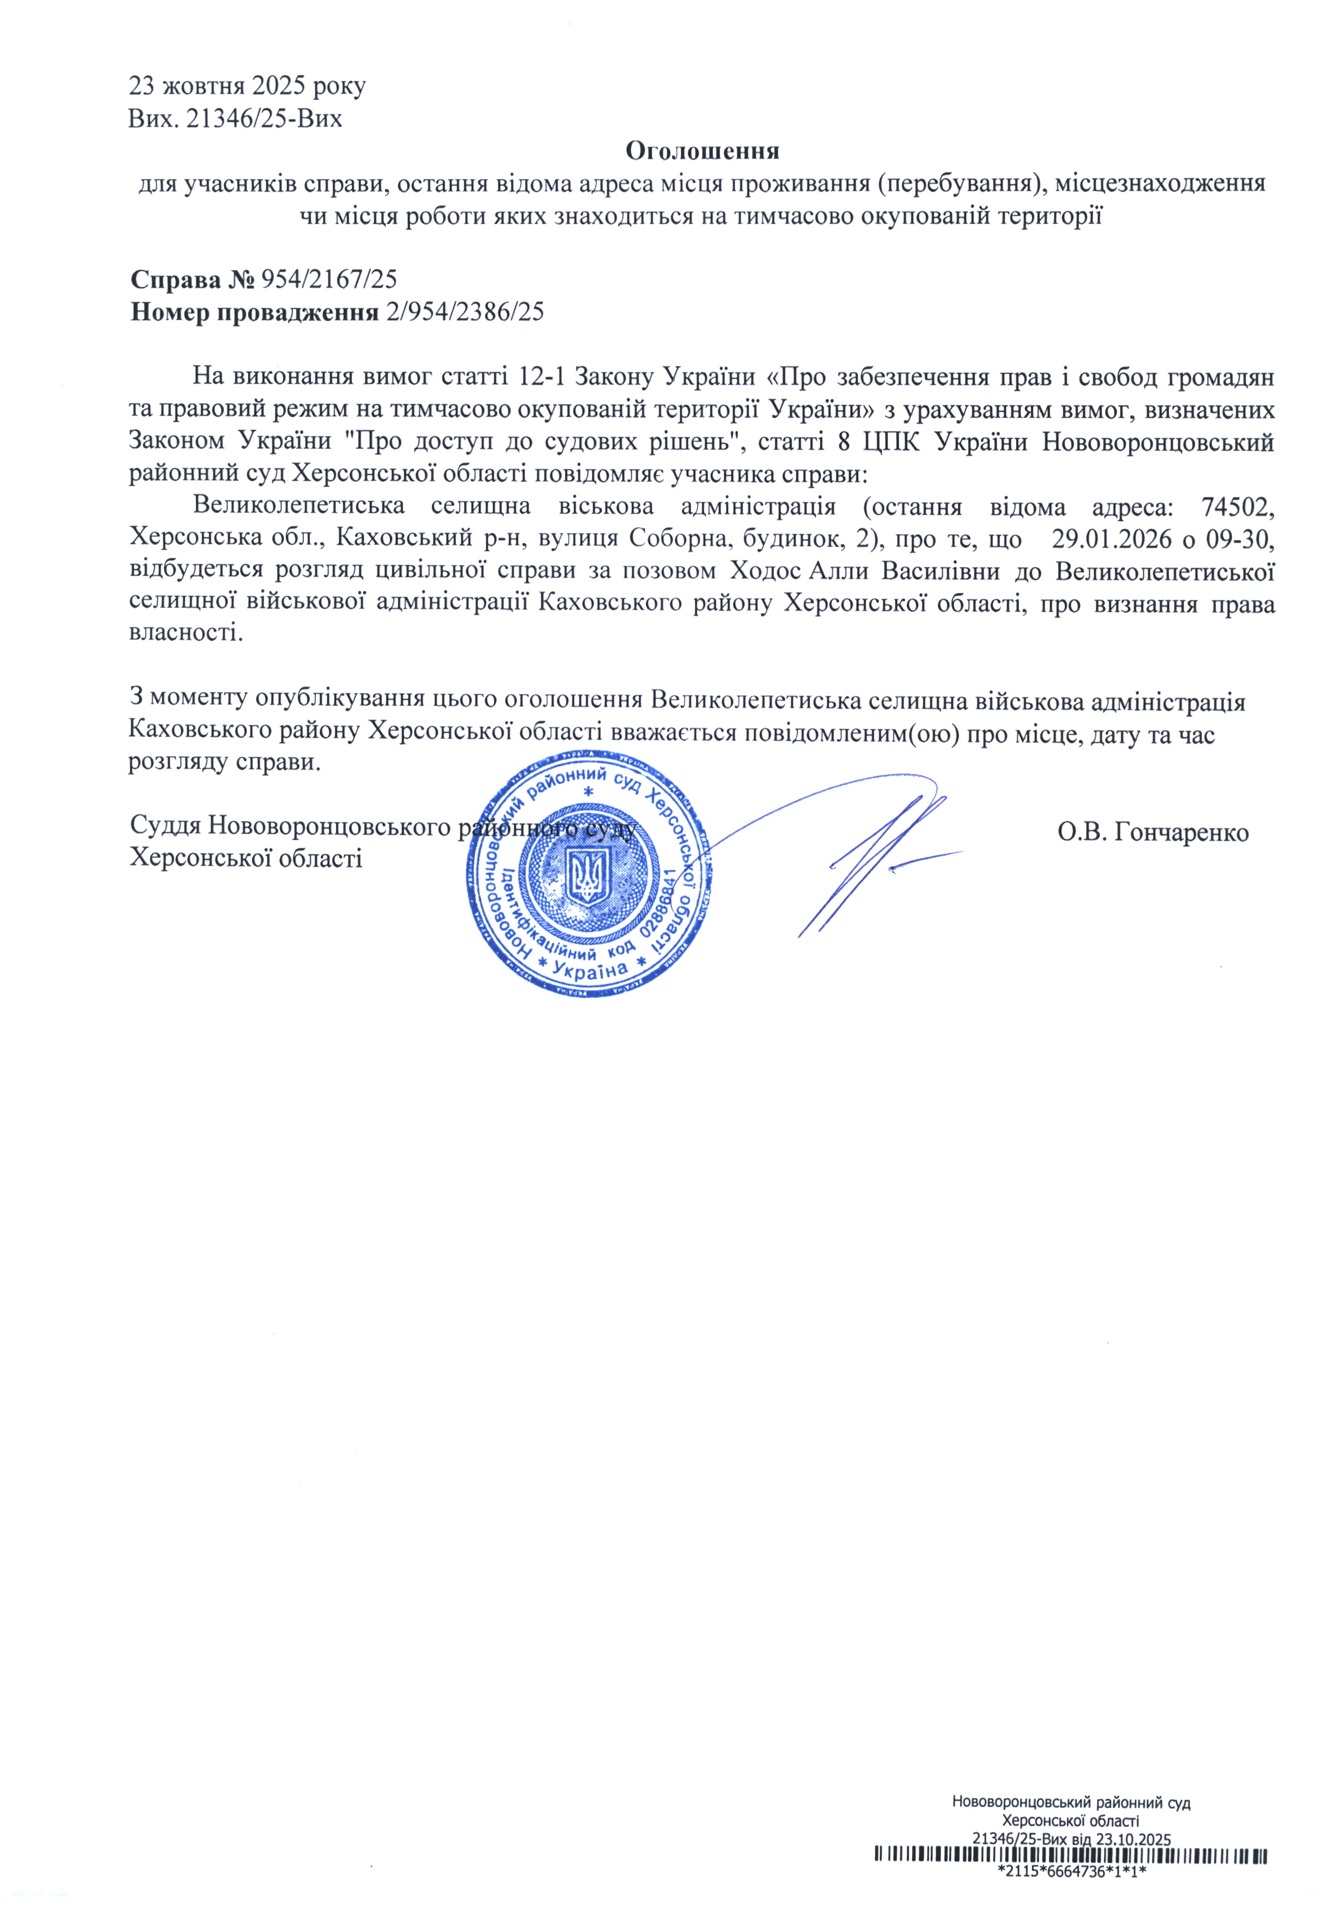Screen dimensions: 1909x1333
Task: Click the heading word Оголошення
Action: pos(701,151)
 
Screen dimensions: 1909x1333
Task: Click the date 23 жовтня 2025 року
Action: pos(247,86)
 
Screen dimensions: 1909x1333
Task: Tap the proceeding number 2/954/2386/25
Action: pos(465,312)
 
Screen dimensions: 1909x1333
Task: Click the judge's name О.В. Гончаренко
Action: pos(1152,832)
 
